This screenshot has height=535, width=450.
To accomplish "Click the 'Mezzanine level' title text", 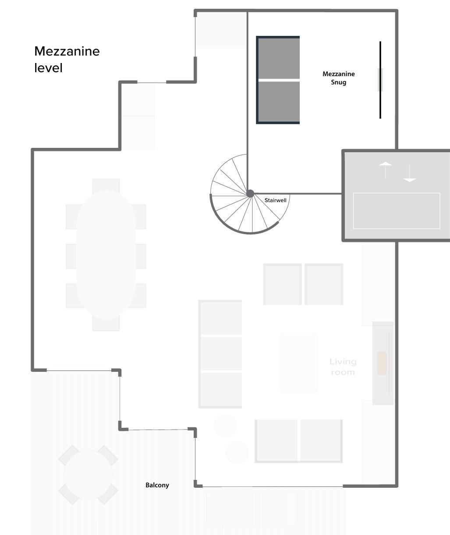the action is click(67, 59).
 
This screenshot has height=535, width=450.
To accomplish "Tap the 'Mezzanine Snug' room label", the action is click(339, 78).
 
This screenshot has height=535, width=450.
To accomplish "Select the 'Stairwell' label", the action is click(276, 200).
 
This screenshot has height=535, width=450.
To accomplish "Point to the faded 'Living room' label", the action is click(343, 367).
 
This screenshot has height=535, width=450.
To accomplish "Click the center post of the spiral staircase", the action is click(250, 193).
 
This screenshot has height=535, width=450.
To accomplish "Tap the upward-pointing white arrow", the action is click(385, 170).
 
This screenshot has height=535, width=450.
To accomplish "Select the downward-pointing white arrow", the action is click(409, 173).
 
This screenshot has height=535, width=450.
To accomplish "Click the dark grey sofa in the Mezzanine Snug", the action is click(278, 80).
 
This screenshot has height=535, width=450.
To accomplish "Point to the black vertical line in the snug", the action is click(380, 80).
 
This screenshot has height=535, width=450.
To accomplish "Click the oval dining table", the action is click(106, 255).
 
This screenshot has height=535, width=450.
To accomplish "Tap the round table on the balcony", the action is click(88, 475).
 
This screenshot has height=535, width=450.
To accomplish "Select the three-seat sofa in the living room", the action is click(220, 354).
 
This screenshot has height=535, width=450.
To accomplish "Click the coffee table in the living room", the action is click(298, 363).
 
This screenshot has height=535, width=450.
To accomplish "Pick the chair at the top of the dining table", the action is click(106, 185).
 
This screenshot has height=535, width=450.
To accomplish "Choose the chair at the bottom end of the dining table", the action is click(106, 324).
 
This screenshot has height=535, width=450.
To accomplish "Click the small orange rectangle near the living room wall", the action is click(382, 363).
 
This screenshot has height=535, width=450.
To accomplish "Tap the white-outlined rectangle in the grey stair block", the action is click(397, 210).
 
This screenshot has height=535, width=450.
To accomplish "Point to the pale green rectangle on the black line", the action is click(380, 80).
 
